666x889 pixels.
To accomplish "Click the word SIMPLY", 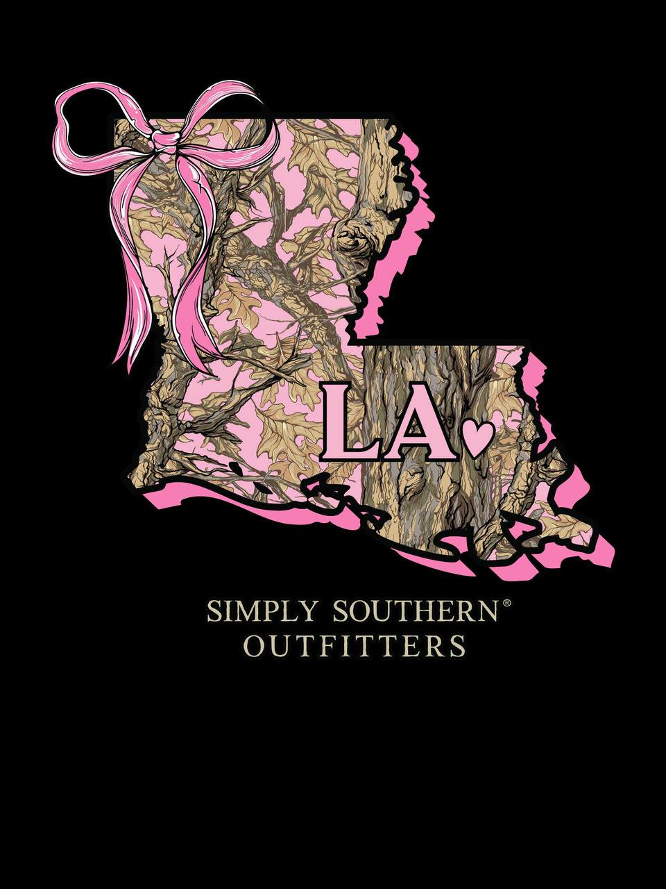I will pos(262,613).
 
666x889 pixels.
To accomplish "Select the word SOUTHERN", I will pos(416,613).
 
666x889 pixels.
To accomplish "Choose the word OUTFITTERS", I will pos(355,646).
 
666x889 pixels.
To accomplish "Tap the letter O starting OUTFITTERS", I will pos(254,646).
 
